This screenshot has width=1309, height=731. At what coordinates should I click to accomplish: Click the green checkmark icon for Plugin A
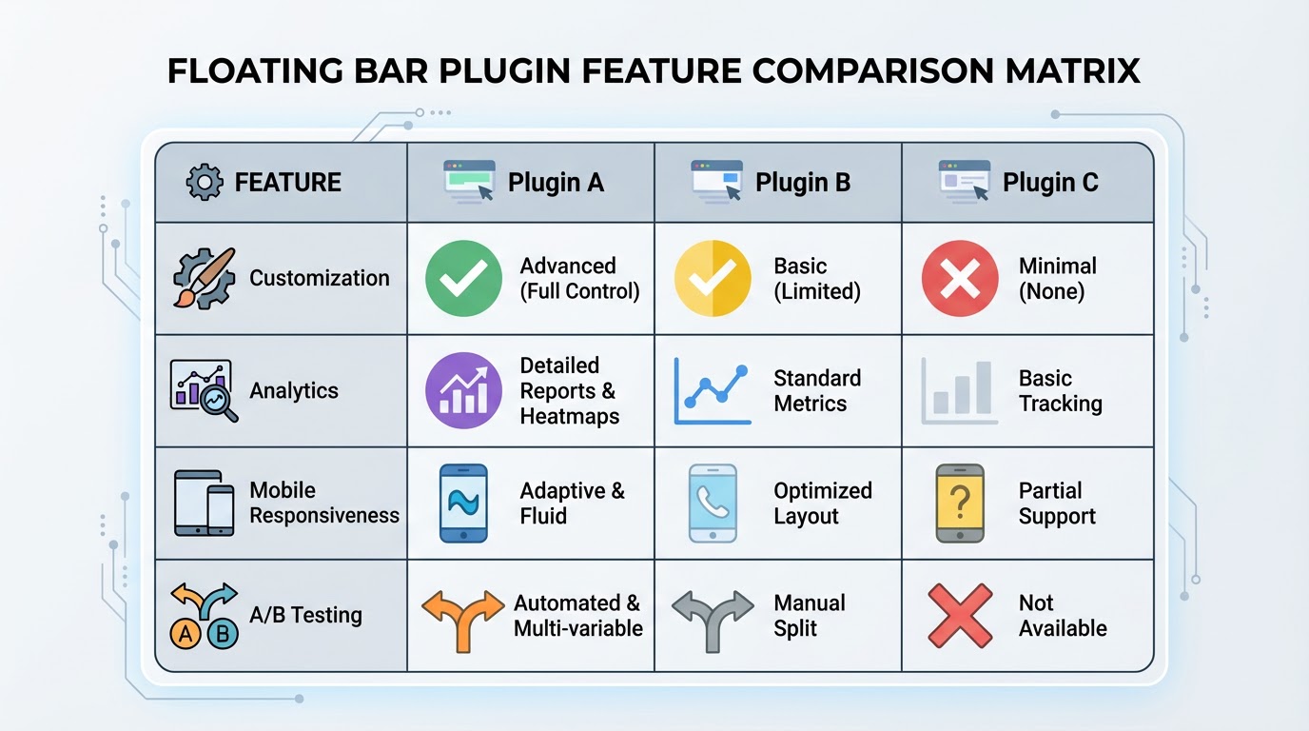pos(463,279)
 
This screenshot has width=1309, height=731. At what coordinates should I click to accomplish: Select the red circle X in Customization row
pos(960,279)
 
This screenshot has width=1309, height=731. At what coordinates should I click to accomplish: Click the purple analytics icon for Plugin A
pos(463,391)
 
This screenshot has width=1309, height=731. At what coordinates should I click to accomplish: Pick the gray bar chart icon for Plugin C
pos(960,391)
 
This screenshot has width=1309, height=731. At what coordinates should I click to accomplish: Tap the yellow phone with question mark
pos(960,504)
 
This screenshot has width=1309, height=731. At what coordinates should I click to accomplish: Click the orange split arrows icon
pos(462,617)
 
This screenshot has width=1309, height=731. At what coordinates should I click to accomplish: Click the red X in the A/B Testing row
pos(960,616)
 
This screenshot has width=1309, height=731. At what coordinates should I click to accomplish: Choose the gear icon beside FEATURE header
pos(205,183)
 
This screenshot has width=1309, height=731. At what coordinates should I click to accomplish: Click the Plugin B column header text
pos(802,183)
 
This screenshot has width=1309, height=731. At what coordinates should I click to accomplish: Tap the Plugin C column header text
pos(1050,183)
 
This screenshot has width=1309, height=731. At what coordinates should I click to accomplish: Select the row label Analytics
pos(294,391)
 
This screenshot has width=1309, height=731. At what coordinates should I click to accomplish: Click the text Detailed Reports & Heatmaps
pos(569,391)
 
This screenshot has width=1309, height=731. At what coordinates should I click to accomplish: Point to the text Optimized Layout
pos(822,504)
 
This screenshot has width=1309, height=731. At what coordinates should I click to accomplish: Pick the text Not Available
pos(1063,616)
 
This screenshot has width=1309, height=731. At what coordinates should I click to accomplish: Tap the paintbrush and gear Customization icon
pos(203,278)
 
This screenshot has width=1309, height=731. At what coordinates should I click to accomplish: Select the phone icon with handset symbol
pos(713,504)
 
